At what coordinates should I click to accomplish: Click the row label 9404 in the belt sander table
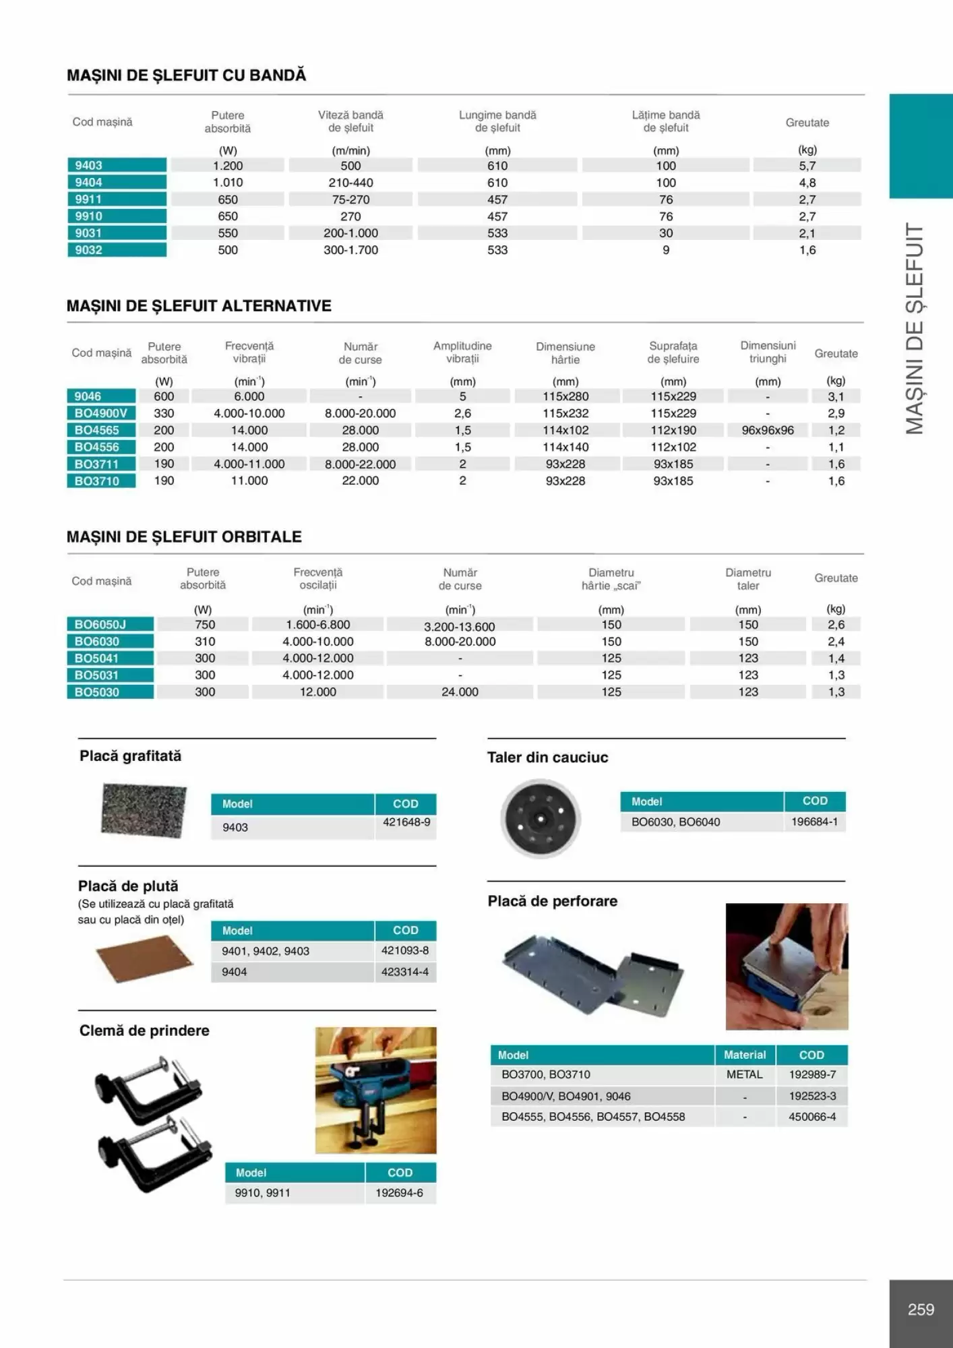[x=89, y=182]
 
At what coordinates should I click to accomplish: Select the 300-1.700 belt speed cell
[x=350, y=250]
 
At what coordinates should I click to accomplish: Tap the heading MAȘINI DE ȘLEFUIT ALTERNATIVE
[x=199, y=306]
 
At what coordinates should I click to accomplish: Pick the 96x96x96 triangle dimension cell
[x=768, y=430]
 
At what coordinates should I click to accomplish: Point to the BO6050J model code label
[x=100, y=624]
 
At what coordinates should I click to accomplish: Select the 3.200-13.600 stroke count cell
[x=460, y=626]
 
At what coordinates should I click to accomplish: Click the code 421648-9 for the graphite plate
[x=406, y=822]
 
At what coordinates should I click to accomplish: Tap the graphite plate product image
[x=144, y=810]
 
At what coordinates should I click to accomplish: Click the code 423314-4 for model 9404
[x=405, y=972]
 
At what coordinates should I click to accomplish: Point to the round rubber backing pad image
[x=541, y=818]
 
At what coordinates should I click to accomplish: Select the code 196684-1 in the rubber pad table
[x=814, y=822]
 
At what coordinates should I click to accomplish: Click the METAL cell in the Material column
[x=745, y=1074]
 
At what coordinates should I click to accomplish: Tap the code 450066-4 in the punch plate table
[x=812, y=1117]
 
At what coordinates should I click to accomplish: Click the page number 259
[x=921, y=1310]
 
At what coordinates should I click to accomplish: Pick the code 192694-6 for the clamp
[x=400, y=1192]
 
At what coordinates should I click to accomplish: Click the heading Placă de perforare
[x=553, y=901]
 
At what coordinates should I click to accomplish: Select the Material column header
[x=745, y=1055]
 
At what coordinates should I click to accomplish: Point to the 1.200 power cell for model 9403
[x=228, y=166]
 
